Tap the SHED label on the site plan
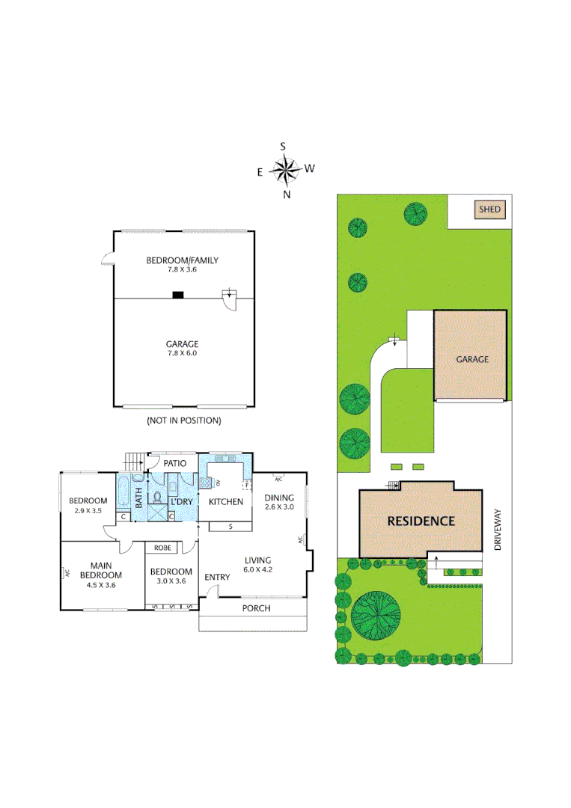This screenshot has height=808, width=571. [x=490, y=209]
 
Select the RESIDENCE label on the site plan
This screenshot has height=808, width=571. [x=421, y=521]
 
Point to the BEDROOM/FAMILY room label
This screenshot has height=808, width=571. [x=182, y=260]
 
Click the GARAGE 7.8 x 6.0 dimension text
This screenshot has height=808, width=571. [x=182, y=353]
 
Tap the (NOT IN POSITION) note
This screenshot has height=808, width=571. [x=183, y=420]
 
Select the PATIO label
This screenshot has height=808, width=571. [x=174, y=463]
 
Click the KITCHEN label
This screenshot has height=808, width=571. [x=225, y=501]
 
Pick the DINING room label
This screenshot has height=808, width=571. [x=280, y=498]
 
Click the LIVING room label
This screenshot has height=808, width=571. [x=257, y=560]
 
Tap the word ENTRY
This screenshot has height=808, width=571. [x=217, y=577]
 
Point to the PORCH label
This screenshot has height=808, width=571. [x=256, y=608]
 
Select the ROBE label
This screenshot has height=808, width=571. [x=162, y=548]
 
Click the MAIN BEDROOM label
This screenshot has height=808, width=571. [x=106, y=569]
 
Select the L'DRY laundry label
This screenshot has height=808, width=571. [x=182, y=501]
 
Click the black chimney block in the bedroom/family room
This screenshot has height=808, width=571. [x=178, y=295]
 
